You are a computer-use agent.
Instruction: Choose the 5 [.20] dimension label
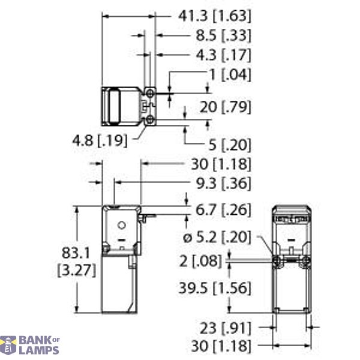pyautogui.click(x=230, y=144)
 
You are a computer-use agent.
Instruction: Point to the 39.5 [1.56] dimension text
pyautogui.click(x=214, y=289)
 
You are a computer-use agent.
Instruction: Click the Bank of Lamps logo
pyautogui.click(x=30, y=345)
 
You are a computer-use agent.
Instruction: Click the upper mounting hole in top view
pyautogui.click(x=149, y=92)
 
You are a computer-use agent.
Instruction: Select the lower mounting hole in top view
pyautogui.click(x=149, y=121)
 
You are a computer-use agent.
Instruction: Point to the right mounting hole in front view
pyautogui.click(x=307, y=260)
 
